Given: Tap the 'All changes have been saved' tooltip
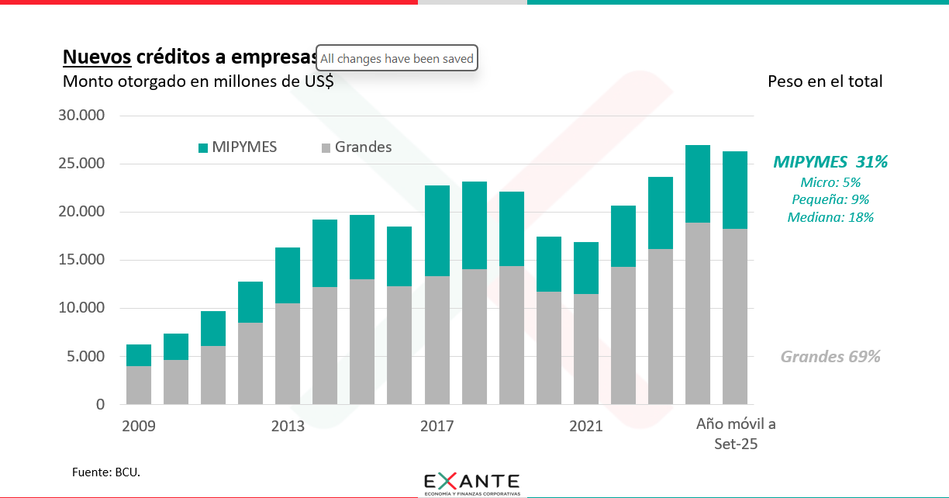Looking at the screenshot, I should click(396, 59).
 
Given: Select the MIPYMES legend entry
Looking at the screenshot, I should click(238, 147).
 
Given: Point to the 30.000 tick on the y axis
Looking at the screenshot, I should click(81, 116).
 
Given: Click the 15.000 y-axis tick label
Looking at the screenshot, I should click(81, 260).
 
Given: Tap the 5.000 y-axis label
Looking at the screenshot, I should click(85, 357).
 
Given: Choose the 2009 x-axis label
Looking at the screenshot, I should click(139, 426).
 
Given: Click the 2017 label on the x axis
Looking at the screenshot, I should click(437, 426).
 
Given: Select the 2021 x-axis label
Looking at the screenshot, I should click(585, 426).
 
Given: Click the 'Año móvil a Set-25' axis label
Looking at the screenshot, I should click(735, 434).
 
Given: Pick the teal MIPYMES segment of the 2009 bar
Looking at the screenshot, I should click(139, 355).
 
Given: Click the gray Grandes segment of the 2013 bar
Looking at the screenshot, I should click(288, 353).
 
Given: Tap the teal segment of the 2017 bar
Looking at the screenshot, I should click(437, 230).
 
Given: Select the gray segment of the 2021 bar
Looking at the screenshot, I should click(585, 349).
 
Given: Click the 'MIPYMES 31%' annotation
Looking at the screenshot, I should click(830, 162).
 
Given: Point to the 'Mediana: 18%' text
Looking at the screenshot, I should click(830, 217).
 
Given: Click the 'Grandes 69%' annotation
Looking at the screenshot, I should click(830, 357).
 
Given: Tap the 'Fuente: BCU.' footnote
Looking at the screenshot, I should click(106, 472).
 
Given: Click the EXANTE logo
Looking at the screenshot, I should click(472, 482).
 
